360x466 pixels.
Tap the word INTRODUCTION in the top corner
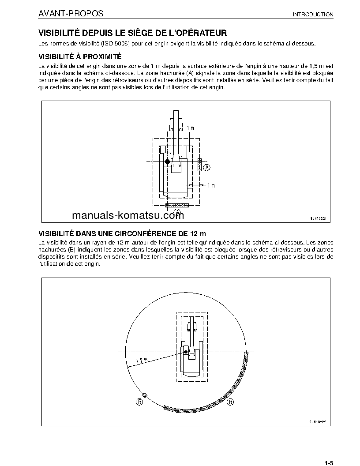click(313, 15)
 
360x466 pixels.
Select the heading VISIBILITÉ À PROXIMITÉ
click(80, 56)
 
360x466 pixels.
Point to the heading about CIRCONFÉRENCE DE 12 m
click(123, 233)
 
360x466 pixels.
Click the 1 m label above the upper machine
click(190, 128)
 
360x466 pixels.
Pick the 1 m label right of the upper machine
click(210, 185)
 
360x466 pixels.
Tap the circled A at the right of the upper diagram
click(207, 167)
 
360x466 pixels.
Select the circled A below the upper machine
click(177, 213)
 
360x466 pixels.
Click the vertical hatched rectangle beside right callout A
click(200, 165)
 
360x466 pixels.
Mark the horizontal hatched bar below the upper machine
click(177, 206)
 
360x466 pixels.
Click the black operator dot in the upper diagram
click(167, 162)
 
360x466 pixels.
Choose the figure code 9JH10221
click(316, 218)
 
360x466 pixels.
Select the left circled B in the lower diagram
click(139, 402)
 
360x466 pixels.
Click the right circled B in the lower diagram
click(230, 402)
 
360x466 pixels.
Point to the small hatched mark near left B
click(145, 395)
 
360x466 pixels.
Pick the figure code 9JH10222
click(316, 422)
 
